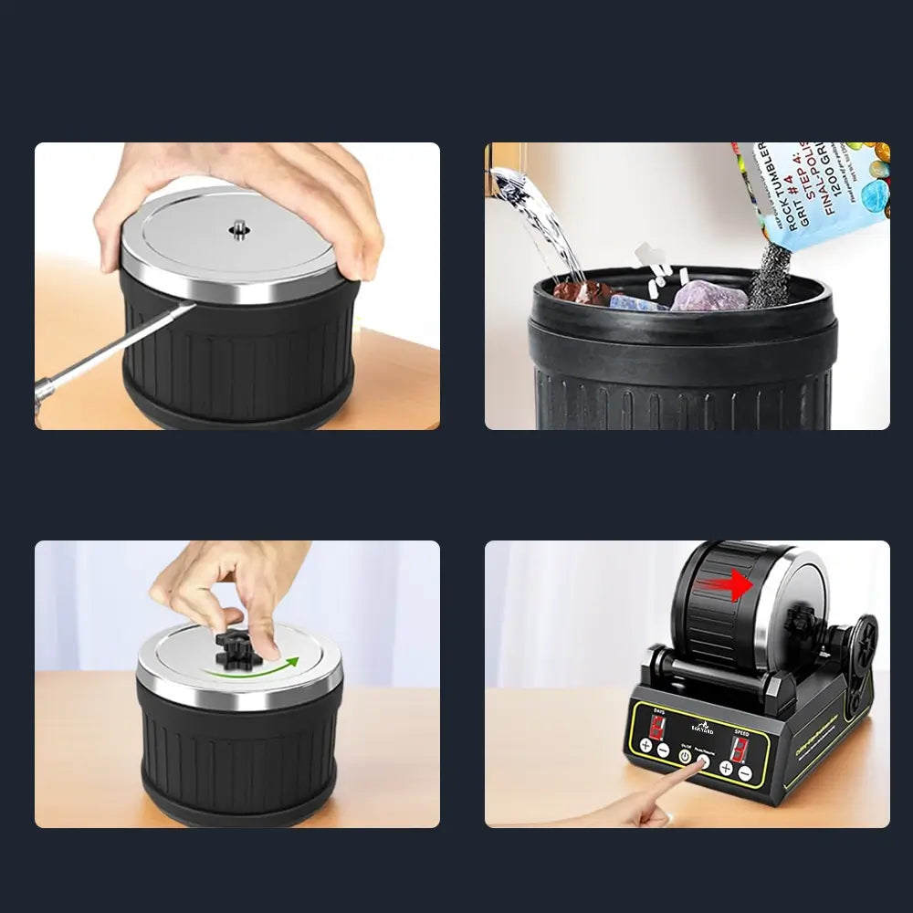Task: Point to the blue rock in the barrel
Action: coord(640,301)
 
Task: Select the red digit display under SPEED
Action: coord(740,749)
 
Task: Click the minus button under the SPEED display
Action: coord(745,772)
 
